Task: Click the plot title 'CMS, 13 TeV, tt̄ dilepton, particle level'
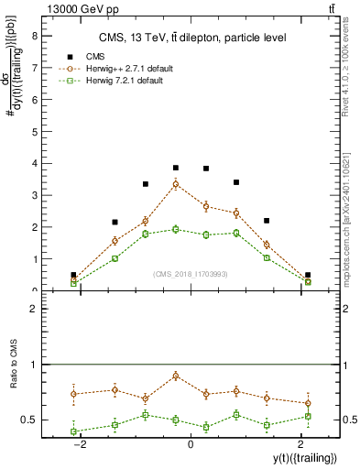pos(193,38)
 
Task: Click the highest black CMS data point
pos(176,168)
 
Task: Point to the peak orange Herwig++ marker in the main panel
pos(176,184)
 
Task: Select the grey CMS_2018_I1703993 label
pos(191,273)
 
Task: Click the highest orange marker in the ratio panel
pos(176,376)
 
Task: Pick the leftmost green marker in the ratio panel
pos(73,431)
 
